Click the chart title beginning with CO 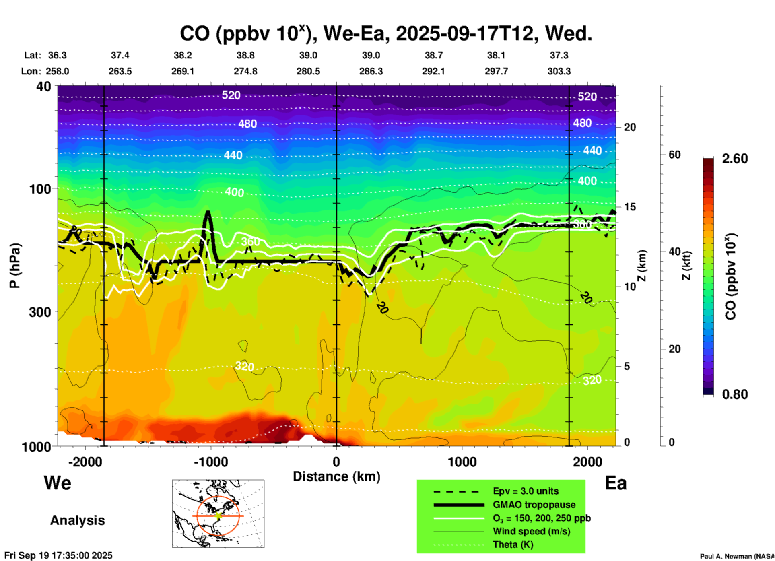385,34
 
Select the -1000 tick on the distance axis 211,462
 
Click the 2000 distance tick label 587,462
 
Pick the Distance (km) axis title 336,476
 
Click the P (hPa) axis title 15,266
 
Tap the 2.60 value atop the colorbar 735,159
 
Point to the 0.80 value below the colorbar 735,394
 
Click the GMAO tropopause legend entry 534,505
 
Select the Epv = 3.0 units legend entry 526,491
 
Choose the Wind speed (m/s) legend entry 531,531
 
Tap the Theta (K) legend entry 513,544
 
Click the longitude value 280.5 308,71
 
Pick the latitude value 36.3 57,55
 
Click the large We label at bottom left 58,483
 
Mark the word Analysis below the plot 77,520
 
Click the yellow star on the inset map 218,515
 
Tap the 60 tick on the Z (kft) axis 674,155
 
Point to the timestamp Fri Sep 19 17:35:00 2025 58,555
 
